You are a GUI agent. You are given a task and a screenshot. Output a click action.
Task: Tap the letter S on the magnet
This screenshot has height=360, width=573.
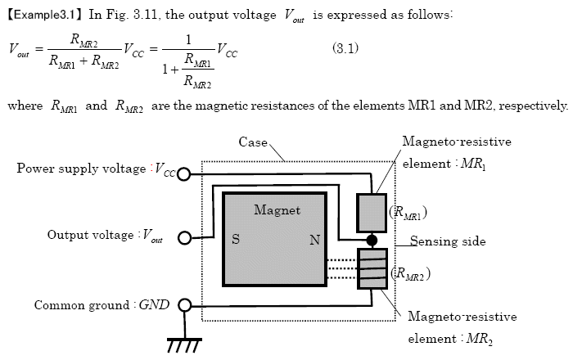point(236,240)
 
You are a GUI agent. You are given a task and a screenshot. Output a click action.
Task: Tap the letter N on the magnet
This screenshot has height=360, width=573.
point(314,240)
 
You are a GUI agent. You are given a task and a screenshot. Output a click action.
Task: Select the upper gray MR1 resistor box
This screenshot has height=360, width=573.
point(371,213)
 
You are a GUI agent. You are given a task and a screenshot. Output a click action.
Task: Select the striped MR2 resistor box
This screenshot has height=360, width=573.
point(371,269)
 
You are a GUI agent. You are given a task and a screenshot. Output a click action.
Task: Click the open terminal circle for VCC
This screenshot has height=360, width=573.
point(184,174)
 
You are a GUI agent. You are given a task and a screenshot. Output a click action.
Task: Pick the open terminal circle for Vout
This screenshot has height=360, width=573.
point(184,238)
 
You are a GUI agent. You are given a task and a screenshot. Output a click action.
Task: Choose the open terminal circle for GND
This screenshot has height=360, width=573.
point(184,306)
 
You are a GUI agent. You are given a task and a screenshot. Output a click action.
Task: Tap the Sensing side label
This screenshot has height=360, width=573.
point(448,241)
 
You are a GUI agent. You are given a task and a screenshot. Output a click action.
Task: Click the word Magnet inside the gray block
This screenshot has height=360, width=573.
point(277,210)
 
